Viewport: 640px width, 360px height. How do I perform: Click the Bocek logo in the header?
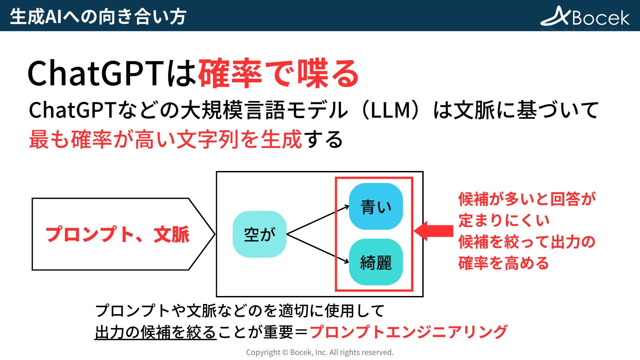tap(585, 16)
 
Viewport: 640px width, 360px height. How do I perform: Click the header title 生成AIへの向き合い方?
tap(98, 16)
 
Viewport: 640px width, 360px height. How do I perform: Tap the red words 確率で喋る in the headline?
tap(279, 74)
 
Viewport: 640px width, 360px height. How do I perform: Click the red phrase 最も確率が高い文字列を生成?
tap(165, 139)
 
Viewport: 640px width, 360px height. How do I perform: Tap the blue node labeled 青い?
tap(376, 206)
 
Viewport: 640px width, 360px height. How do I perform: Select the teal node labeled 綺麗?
tap(376, 262)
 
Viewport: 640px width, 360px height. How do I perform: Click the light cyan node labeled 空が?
tap(259, 234)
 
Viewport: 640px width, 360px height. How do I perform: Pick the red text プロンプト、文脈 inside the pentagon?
tap(117, 234)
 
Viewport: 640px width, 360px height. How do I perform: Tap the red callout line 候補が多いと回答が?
tap(527, 199)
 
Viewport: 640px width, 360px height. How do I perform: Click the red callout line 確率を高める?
tap(503, 263)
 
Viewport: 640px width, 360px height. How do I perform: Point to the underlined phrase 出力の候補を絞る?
tap(156, 332)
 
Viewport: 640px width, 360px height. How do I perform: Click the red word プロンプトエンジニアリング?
tap(408, 332)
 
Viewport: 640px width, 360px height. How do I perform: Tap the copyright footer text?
tap(320, 352)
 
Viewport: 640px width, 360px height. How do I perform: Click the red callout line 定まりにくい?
tap(504, 220)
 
